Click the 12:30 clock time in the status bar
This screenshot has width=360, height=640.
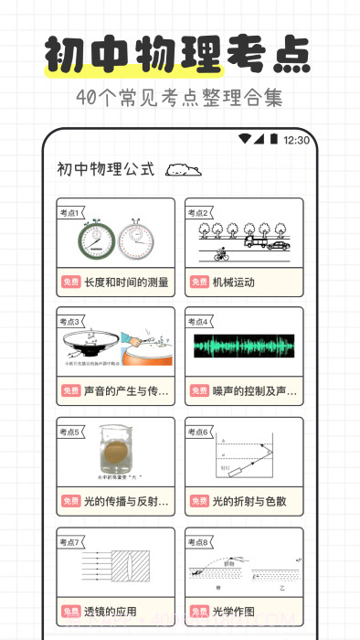(297, 140)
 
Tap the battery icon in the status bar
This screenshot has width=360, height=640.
(273, 139)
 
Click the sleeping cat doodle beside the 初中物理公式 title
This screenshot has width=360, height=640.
(184, 169)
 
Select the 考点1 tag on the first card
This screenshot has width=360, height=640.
(70, 212)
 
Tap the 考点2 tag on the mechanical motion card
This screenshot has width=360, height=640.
(198, 212)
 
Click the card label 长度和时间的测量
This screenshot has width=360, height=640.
(127, 283)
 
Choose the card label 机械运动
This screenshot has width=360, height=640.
(234, 283)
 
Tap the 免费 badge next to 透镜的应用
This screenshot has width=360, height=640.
(71, 612)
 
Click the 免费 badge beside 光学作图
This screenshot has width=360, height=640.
(199, 612)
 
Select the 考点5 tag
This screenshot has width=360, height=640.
(70, 432)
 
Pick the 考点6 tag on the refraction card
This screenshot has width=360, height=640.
(198, 432)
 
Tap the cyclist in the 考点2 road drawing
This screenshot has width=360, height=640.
(220, 254)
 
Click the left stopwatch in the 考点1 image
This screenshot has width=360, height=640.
(95, 240)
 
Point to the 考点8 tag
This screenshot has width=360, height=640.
(198, 542)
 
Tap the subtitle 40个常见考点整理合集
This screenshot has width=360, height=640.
(180, 97)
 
